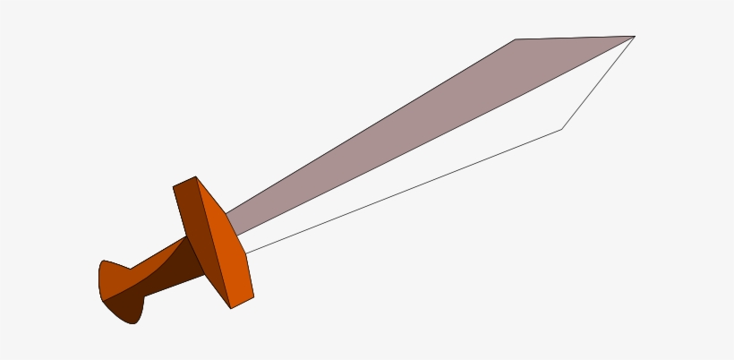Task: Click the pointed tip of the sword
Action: [634, 37]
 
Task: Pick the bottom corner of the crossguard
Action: [232, 308]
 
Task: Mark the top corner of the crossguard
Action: [196, 176]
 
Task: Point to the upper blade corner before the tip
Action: [515, 39]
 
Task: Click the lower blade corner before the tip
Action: [561, 129]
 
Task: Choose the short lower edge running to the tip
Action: [598, 82]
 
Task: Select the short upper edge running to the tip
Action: [575, 38]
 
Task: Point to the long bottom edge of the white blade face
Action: [403, 191]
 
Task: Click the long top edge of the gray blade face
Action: [367, 128]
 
